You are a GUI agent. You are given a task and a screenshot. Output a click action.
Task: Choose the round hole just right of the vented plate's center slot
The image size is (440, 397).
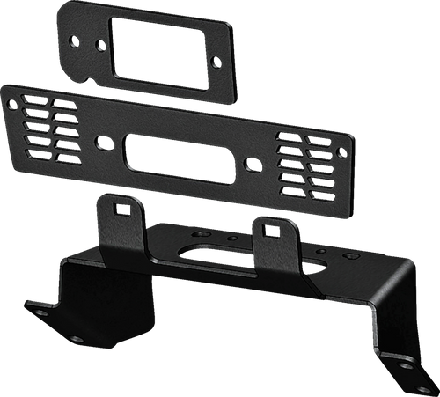pyautogui.click(x=253, y=164)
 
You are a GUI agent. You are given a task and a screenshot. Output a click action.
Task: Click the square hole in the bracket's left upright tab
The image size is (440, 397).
pyautogui.click(x=121, y=208)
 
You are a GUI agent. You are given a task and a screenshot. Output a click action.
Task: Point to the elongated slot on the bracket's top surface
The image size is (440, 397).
pyautogui.click(x=202, y=251)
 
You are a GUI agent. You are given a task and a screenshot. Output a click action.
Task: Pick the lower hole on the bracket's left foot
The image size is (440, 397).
pyautogui.click(x=77, y=338)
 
